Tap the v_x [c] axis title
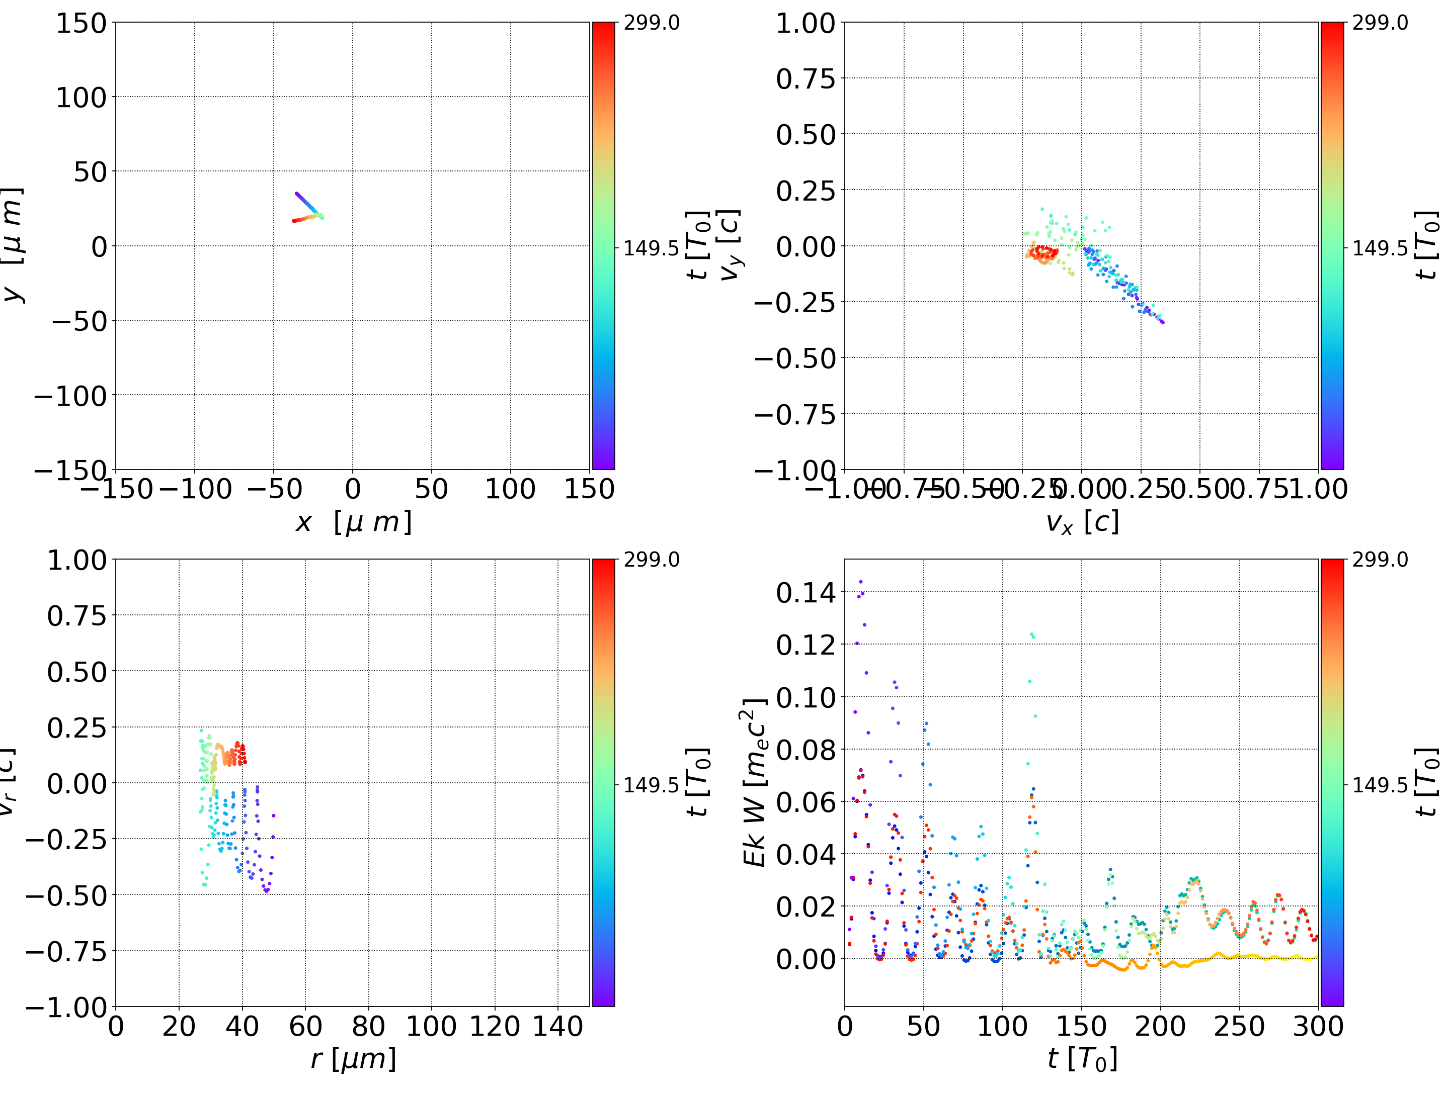1082,522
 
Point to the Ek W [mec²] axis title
755,783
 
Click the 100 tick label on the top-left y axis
80,98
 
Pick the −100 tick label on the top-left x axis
195,489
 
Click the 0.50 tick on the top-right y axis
806,135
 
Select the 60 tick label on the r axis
305,1026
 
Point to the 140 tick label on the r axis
557,1026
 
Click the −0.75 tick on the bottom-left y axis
65,951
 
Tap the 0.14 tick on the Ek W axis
806,593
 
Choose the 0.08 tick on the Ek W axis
806,750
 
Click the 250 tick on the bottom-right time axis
1239,1026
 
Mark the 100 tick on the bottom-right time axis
1003,1026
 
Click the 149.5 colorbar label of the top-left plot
651,248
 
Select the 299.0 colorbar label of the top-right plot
1380,23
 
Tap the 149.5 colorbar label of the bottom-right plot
1380,784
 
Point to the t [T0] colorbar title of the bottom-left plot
698,782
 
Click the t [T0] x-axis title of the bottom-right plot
1082,1059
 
